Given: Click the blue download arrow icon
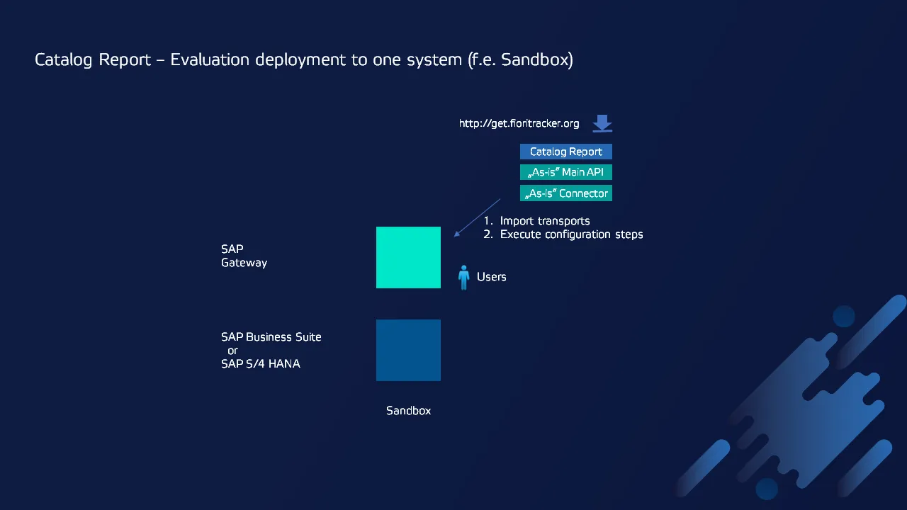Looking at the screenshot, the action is pos(602,123).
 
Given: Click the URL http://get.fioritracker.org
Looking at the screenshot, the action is pos(519,123).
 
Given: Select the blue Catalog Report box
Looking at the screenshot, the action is pos(566,152).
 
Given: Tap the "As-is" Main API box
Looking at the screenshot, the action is pos(566,172).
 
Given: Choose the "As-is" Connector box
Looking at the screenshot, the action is pos(566,193).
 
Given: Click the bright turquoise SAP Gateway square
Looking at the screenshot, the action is pos(408,257).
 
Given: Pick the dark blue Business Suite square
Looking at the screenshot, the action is pos(408,350).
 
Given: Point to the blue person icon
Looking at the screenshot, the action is pos(463,278).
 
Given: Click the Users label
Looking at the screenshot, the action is pos(492,277).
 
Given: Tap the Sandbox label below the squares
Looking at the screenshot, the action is pos(409,410).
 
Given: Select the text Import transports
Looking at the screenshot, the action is pos(545,221).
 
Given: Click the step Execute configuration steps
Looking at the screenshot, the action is pos(571,234).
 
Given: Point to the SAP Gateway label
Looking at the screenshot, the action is pos(244,256).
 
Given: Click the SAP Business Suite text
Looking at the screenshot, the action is pos(271,336).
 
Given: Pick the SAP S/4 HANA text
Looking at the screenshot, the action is pos(260,363).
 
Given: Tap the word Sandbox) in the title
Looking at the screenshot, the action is pos(537,60).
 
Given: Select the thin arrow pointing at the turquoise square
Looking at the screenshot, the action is pos(478,217).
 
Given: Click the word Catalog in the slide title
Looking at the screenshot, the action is pos(63,60).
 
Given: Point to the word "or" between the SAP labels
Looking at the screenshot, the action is pos(232,351).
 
